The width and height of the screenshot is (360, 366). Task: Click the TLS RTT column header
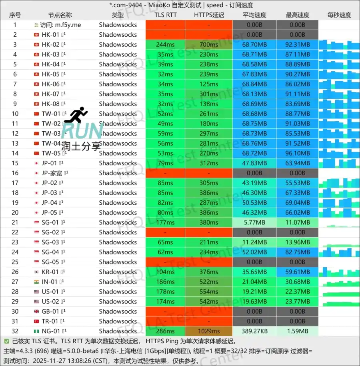point(165,15)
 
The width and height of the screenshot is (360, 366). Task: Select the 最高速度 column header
point(298,15)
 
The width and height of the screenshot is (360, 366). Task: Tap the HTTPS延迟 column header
point(209,15)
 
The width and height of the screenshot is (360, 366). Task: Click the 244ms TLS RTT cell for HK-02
point(165,44)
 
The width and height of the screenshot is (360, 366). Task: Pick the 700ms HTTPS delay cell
point(209,44)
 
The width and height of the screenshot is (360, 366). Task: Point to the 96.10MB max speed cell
point(298,153)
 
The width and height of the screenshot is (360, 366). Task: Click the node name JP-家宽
point(53,173)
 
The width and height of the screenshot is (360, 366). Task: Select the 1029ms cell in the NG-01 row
point(209,331)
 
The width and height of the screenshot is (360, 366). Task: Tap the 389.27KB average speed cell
point(254,331)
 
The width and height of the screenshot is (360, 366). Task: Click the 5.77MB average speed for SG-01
point(254,222)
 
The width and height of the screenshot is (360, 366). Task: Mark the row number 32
point(15,331)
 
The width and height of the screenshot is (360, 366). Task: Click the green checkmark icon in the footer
point(6,341)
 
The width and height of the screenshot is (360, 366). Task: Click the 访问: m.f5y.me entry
point(60,25)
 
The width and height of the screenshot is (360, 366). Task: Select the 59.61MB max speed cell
point(298,272)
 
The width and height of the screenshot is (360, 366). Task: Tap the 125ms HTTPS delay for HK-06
point(209,84)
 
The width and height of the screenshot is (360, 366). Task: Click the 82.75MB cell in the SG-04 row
point(298,252)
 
